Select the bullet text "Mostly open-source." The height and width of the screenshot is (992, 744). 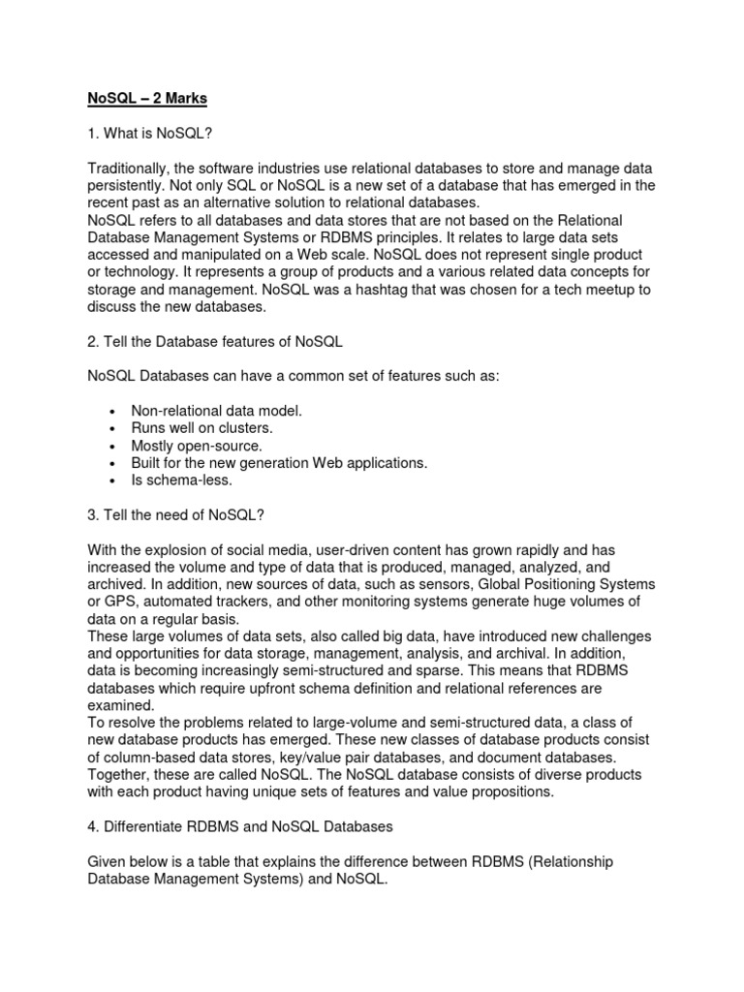click(x=197, y=446)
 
